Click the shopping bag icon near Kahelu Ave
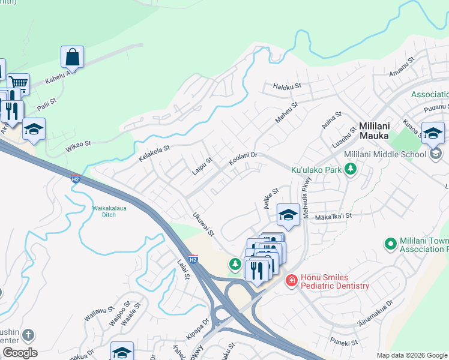(x=72, y=58)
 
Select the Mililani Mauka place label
(x=384, y=127)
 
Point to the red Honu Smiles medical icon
(x=291, y=280)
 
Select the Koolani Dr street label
(x=243, y=159)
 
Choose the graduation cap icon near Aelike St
(x=288, y=215)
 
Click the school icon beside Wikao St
(x=34, y=129)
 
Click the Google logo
(x=20, y=353)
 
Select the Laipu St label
(x=202, y=163)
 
